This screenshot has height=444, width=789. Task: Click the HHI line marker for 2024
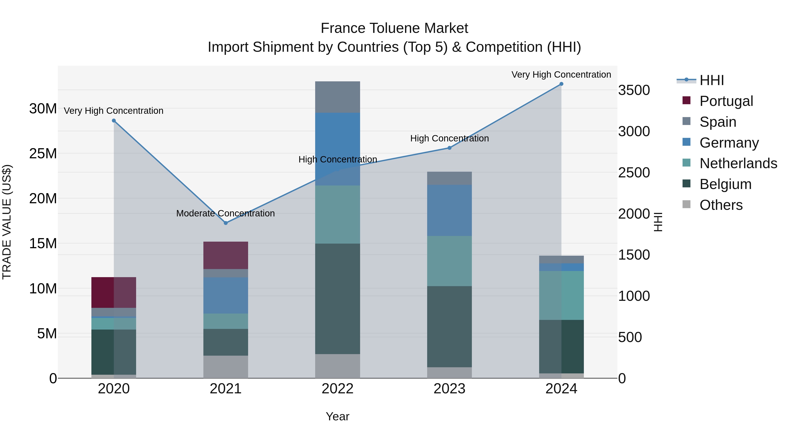tap(561, 84)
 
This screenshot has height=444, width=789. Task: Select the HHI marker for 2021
tap(226, 223)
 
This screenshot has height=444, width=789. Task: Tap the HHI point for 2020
tap(114, 121)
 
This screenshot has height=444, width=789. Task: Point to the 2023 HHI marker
tap(449, 148)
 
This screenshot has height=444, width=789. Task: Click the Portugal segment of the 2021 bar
tap(226, 255)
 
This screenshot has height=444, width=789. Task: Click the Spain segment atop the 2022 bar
tap(338, 97)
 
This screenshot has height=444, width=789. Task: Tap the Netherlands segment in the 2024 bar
tap(561, 295)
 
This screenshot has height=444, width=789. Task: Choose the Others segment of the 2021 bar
tap(226, 367)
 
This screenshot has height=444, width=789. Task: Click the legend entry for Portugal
tap(726, 101)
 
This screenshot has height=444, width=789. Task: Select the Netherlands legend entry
tap(738, 163)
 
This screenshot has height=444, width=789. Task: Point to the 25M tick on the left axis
tap(43, 153)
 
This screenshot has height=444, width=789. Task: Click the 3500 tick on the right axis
tap(634, 90)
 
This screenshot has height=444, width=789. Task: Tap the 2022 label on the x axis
tap(338, 389)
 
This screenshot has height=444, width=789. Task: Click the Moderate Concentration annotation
tap(226, 213)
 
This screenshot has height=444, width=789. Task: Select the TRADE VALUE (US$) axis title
tap(7, 222)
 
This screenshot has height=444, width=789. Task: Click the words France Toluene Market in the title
tap(394, 28)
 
